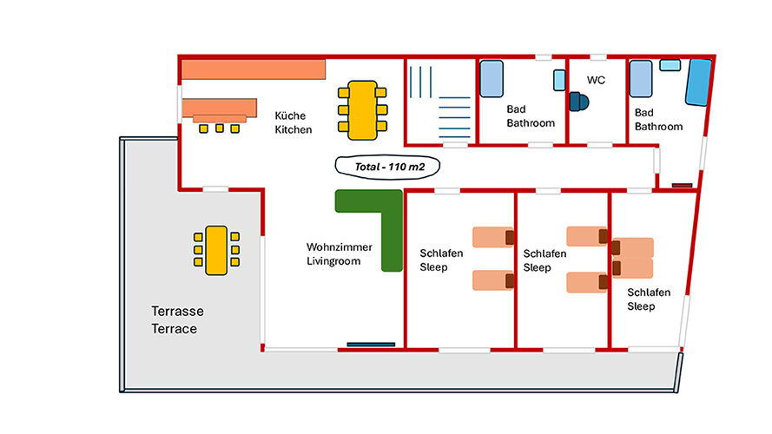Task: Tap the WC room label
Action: tap(596, 80)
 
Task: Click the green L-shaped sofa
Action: tap(379, 222)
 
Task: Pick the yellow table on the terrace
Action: tap(216, 250)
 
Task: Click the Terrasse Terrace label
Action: tap(174, 319)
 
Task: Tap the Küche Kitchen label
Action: tap(293, 122)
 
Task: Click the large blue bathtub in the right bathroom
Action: tap(697, 82)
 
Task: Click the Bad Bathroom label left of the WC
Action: tap(530, 116)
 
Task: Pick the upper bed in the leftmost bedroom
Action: tap(493, 237)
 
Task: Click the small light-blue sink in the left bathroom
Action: tap(558, 81)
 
